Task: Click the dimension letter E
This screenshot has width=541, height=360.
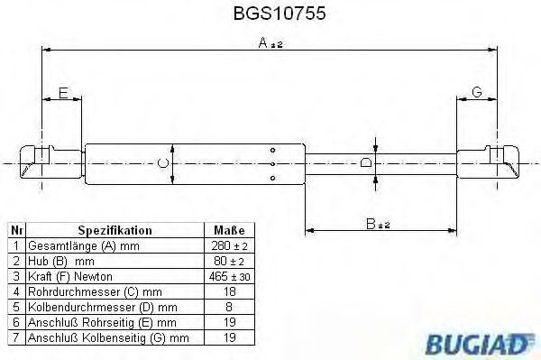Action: click(63, 93)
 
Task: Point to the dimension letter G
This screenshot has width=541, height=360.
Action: click(476, 93)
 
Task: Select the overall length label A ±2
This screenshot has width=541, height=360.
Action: click(271, 42)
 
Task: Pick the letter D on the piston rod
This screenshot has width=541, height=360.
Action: click(366, 163)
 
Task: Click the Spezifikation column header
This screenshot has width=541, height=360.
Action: click(115, 230)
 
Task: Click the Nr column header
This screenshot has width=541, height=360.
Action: click(16, 230)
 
